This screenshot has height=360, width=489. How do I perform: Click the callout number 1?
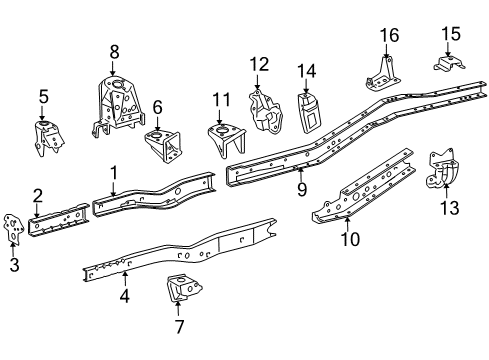point(114,171)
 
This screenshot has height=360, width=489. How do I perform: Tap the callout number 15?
point(450,34)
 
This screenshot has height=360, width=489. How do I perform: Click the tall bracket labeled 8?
point(113,105)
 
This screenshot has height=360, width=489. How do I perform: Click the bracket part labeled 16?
point(383,73)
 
